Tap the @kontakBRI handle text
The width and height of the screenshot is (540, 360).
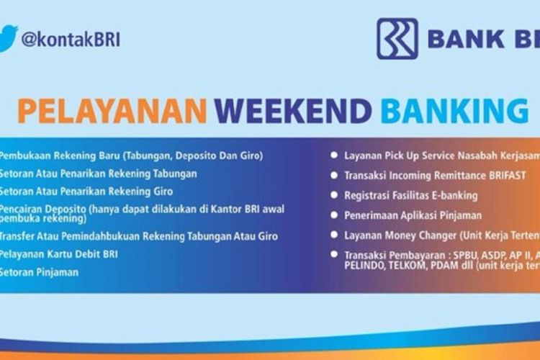pos(71,39)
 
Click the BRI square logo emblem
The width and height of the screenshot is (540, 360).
pos(397,38)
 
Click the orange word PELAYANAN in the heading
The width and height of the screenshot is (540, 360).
pos(112,112)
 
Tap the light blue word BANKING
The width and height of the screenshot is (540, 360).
pos(454,112)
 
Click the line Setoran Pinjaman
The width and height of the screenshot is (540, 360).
pos(39,273)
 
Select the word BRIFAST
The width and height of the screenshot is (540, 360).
pos(504,175)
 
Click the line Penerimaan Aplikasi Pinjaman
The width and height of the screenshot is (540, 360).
pos(413,215)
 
